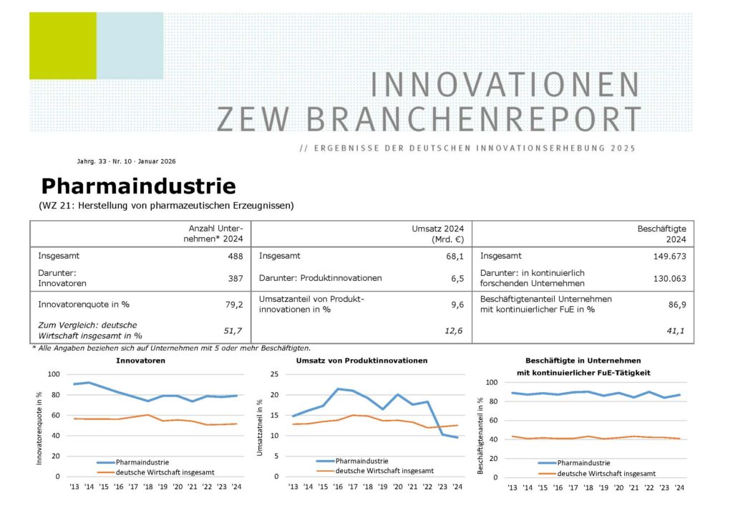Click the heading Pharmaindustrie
coord(138,186)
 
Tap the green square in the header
coord(62,46)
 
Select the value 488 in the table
coord(235,256)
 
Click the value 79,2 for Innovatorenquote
coord(235,304)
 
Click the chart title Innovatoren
coord(140,361)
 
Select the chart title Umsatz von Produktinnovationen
coord(361,361)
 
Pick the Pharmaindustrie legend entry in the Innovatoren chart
coord(137,462)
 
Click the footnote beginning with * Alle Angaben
coord(171,348)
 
